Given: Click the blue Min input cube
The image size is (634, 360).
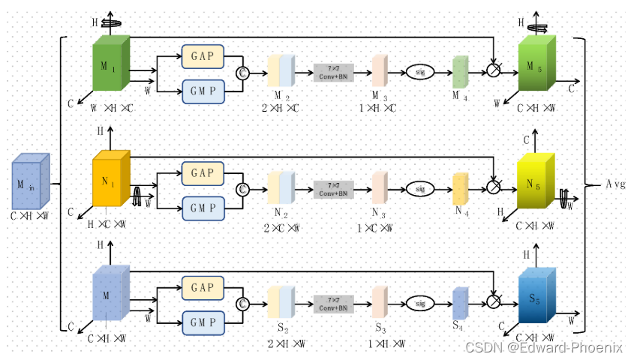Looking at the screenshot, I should click(30, 184).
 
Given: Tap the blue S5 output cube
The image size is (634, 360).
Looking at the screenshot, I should click(536, 298).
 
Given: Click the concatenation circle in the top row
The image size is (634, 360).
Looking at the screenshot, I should click(242, 73).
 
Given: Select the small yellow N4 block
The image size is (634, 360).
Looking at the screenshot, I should click(460, 187).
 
